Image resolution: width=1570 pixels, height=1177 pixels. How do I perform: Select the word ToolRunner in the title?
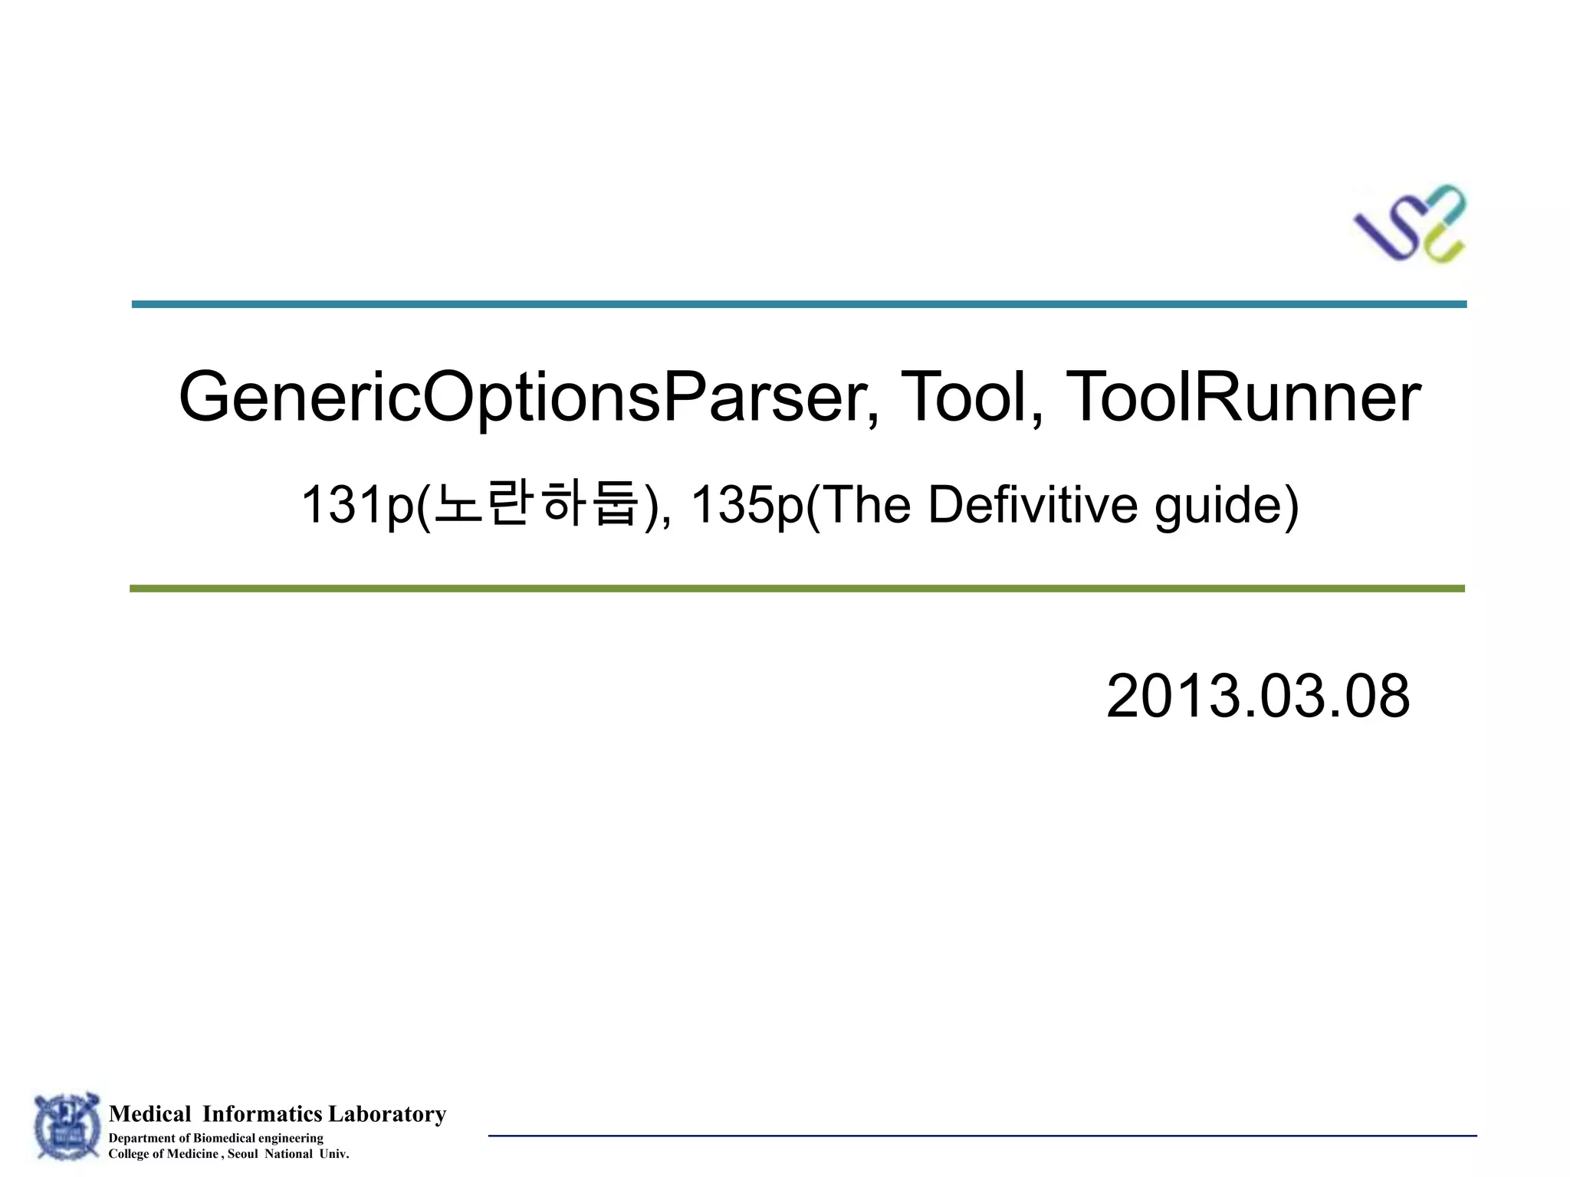pyautogui.click(x=1243, y=397)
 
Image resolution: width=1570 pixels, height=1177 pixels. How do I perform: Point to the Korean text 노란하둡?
pyautogui.click(x=536, y=503)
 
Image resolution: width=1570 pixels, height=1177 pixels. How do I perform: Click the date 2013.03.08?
pyautogui.click(x=1257, y=696)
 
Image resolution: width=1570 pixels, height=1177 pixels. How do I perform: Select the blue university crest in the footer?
pyautogui.click(x=67, y=1126)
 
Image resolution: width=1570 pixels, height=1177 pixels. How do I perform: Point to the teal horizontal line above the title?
pyautogui.click(x=799, y=304)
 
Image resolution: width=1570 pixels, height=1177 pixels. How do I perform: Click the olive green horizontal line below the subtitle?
pyautogui.click(x=797, y=588)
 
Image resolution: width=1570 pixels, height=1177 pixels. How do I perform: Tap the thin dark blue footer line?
pyautogui.click(x=981, y=1136)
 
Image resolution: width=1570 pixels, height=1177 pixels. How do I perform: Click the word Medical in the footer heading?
pyautogui.click(x=149, y=1114)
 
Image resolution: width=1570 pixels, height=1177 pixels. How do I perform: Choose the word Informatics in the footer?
pyautogui.click(x=262, y=1114)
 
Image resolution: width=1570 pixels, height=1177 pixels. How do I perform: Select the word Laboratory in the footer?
pyautogui.click(x=387, y=1114)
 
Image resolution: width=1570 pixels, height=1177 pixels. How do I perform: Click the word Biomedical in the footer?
pyautogui.click(x=223, y=1138)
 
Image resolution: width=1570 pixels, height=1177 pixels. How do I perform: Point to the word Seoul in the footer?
pyautogui.click(x=242, y=1154)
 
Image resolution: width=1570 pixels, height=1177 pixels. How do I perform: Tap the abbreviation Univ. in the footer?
pyautogui.click(x=333, y=1154)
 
